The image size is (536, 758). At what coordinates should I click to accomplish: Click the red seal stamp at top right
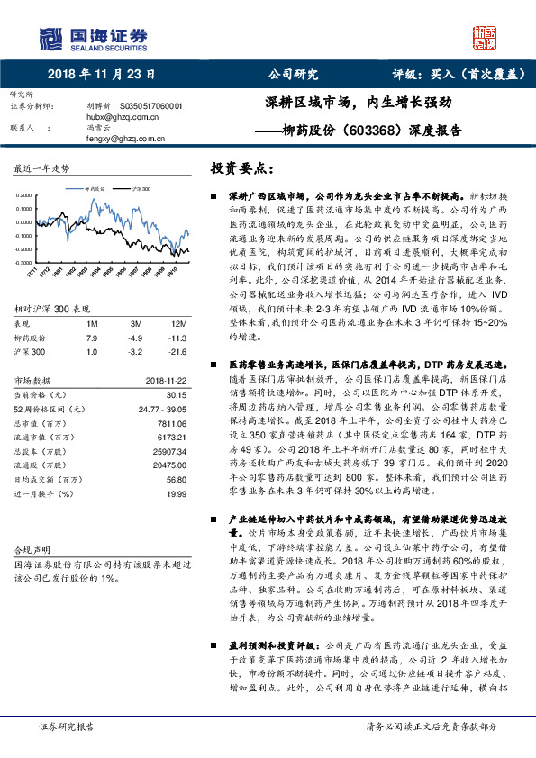coord(484,39)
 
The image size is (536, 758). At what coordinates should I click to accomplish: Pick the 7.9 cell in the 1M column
coord(91,338)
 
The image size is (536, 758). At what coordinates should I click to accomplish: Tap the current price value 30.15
coord(176,394)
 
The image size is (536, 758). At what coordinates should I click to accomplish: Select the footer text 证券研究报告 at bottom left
coord(66,726)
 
